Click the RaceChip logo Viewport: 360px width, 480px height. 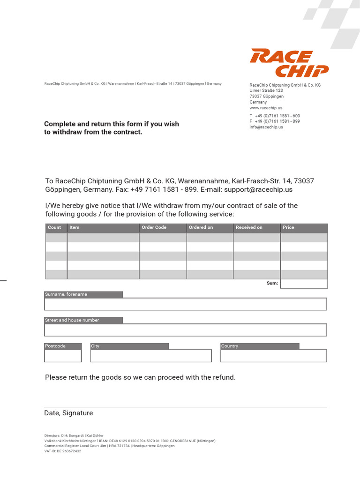tap(289, 63)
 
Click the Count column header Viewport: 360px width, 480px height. tap(54, 227)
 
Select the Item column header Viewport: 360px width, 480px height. tap(75, 227)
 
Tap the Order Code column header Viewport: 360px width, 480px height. tap(154, 227)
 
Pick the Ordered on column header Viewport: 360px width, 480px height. tap(201, 227)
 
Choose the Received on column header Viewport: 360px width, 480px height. tap(249, 227)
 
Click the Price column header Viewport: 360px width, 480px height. tap(288, 227)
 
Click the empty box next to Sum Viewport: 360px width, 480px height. tap(304, 284)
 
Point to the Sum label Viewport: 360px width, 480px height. tap(272, 283)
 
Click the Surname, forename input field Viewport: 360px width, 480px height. tap(185, 304)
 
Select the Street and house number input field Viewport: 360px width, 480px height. tap(185, 330)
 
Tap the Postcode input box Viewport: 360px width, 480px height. tap(63, 356)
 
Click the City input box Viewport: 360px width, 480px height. tap(150, 356)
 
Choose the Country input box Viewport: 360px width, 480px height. tap(273, 356)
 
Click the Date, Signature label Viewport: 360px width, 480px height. tap(69, 413)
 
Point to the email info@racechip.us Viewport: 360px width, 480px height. tap(266, 127)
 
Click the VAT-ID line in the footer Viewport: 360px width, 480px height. tap(63, 451)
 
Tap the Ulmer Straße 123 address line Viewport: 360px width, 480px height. tap(266, 90)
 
